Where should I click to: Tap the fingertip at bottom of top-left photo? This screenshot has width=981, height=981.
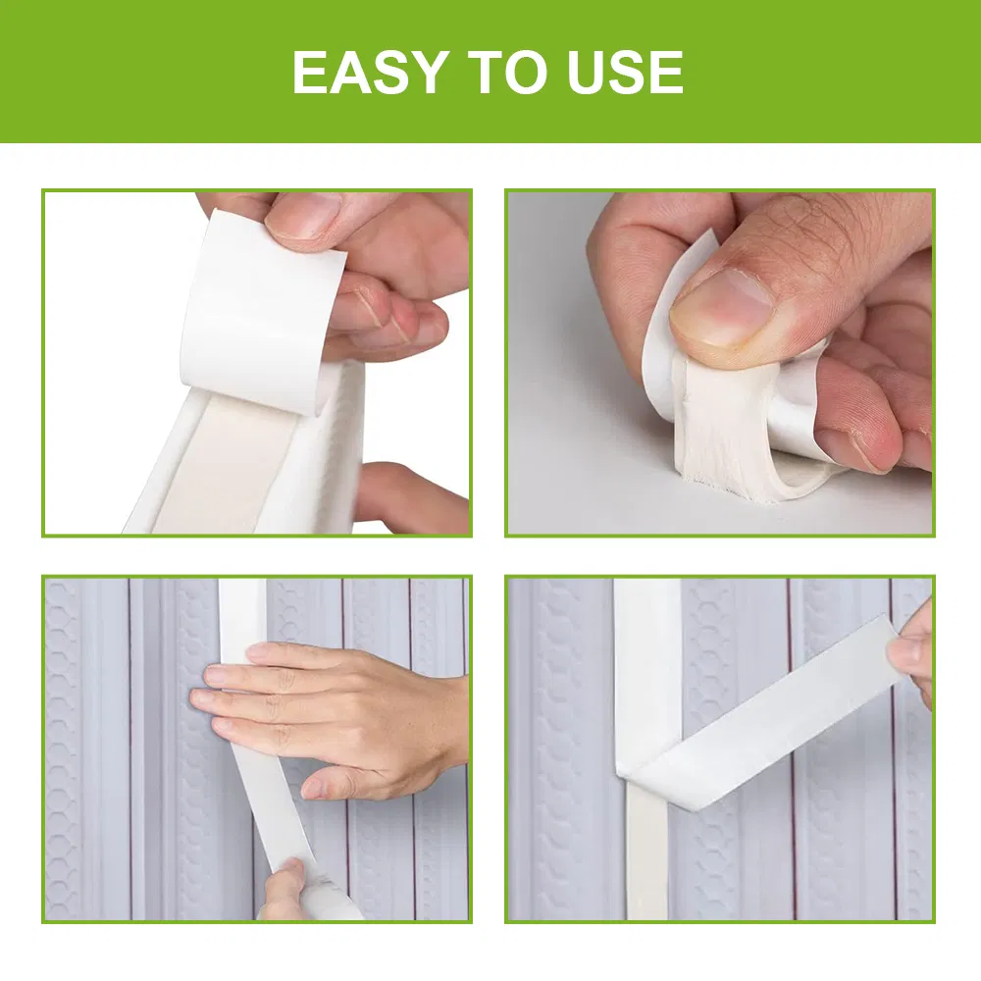point(392,495)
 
